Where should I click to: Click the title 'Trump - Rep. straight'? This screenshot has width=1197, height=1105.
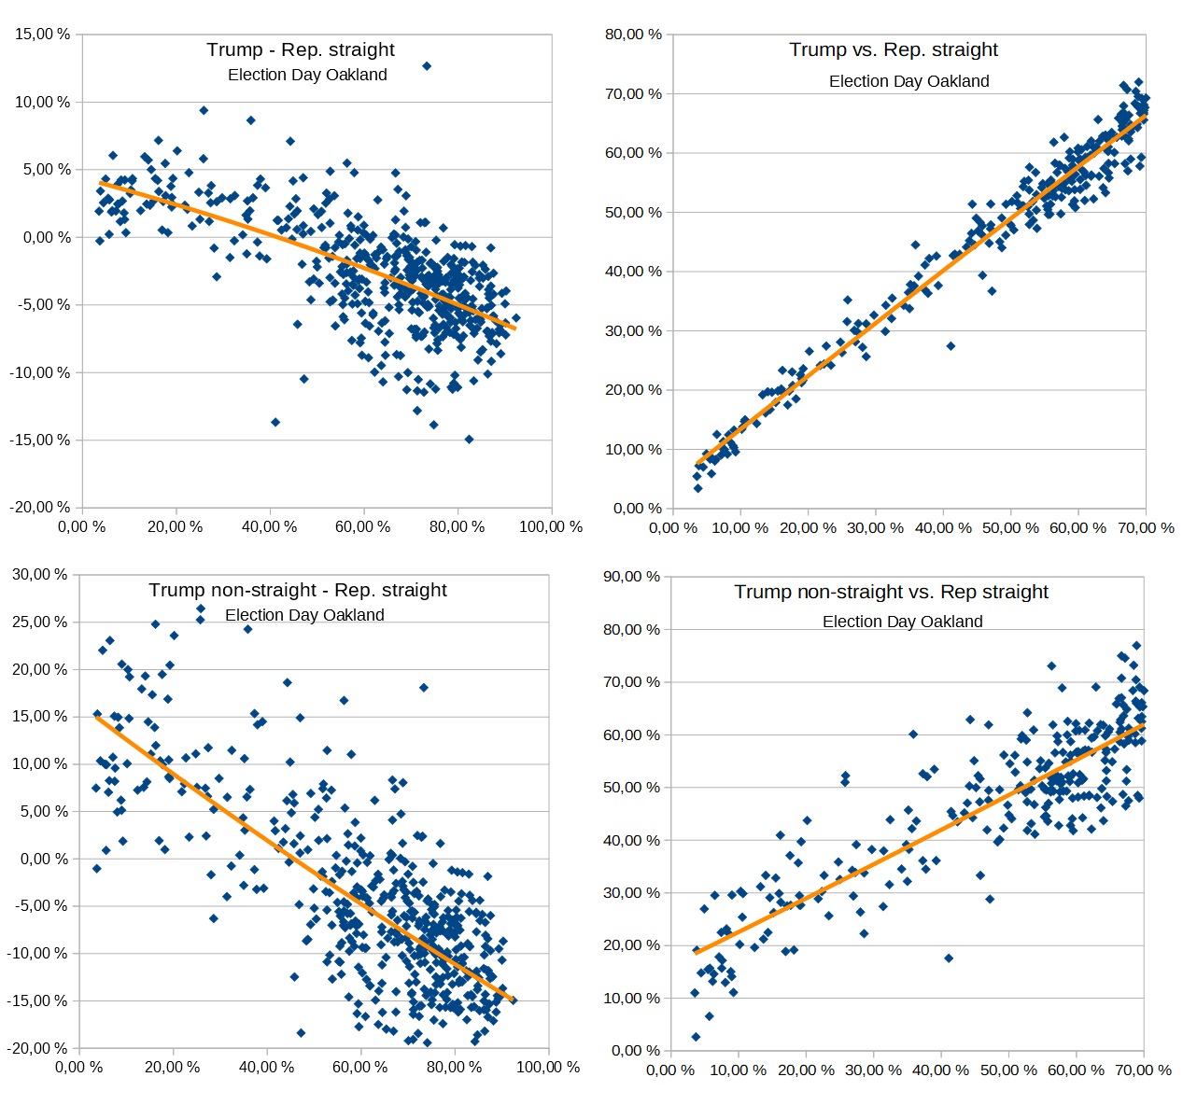tap(300, 49)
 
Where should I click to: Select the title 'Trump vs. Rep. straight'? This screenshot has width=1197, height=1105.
tap(893, 49)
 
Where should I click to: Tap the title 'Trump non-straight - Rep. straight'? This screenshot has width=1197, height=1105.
tap(297, 590)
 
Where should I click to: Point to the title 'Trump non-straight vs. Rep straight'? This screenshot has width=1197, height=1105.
tap(891, 592)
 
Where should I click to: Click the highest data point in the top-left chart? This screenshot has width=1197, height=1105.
tap(427, 66)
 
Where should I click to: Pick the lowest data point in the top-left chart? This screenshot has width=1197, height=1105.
tap(469, 439)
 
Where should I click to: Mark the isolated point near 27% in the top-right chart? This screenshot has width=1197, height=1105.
tap(951, 345)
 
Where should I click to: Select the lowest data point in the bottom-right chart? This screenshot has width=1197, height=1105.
tap(696, 1037)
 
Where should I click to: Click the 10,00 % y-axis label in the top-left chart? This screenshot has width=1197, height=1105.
tap(42, 102)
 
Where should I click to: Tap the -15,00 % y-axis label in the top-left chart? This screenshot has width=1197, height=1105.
tap(40, 440)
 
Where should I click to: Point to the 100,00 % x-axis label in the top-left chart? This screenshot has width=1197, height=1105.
tap(550, 527)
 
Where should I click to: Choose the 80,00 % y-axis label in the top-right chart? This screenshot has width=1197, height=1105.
tap(633, 35)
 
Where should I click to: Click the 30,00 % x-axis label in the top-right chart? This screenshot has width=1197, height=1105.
tap(875, 528)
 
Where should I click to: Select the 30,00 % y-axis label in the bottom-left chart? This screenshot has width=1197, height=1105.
tap(39, 575)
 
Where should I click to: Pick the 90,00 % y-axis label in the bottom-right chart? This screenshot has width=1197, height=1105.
tap(631, 577)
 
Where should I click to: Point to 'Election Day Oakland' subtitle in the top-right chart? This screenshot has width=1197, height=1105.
tap(908, 81)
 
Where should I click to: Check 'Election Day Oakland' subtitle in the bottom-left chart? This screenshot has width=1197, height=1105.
tap(304, 615)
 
